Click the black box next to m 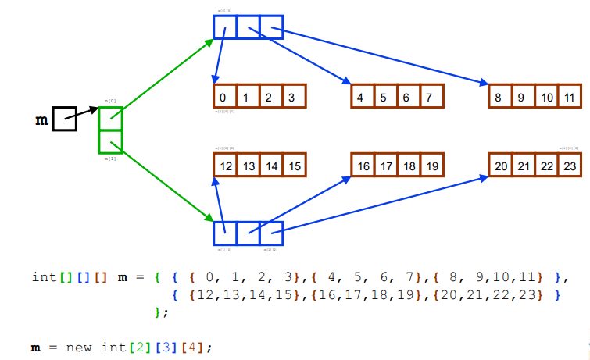click(x=64, y=119)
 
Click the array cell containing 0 click(x=224, y=97)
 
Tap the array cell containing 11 click(x=570, y=97)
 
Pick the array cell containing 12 click(x=225, y=166)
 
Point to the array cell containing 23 click(x=570, y=166)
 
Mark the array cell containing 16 click(x=363, y=166)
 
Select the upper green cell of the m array click(x=110, y=119)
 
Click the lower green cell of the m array click(x=110, y=141)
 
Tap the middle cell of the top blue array click(x=248, y=27)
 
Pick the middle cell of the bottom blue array click(x=248, y=233)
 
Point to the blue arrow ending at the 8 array click(x=383, y=56)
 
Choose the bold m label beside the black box click(x=41, y=120)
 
